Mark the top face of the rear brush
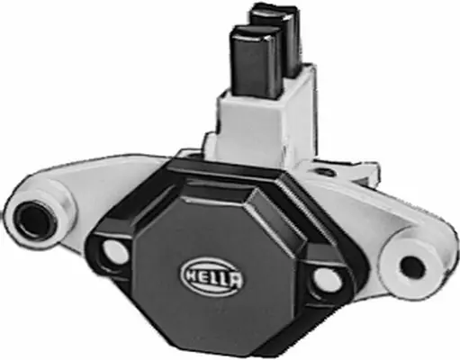[x=274, y=12]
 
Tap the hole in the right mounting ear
[x=411, y=266]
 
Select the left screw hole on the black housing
[x=114, y=251]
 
